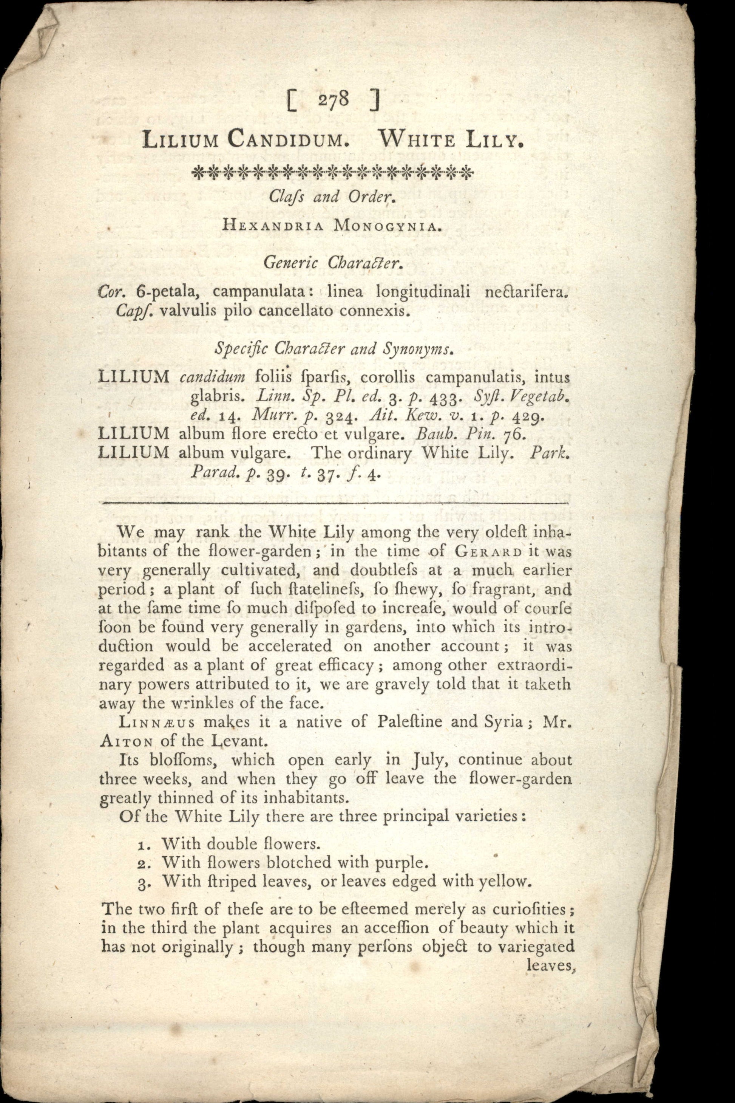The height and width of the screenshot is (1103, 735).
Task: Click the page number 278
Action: point(333,101)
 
